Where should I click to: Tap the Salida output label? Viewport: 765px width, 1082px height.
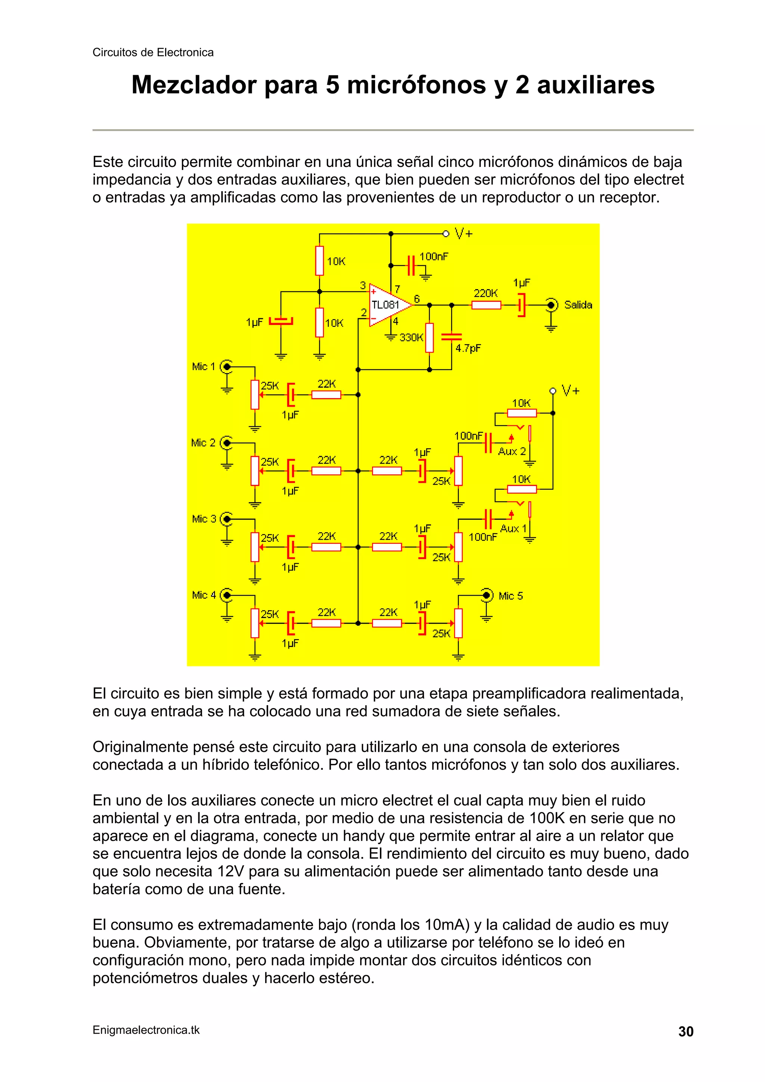point(578,305)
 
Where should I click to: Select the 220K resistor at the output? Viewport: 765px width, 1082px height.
point(486,305)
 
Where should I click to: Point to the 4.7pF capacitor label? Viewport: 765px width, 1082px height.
point(468,348)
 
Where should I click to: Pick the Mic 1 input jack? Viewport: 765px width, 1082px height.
point(227,366)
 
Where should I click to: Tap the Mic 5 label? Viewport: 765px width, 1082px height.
point(511,596)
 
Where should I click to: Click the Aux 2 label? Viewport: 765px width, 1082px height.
point(511,452)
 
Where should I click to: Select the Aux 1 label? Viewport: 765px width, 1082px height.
point(513,528)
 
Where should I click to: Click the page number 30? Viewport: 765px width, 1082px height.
point(686,1032)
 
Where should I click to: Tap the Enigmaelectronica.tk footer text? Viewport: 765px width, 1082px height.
point(146,1030)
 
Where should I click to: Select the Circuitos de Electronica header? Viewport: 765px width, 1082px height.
point(153,52)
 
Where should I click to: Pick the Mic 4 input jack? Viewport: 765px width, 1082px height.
point(227,595)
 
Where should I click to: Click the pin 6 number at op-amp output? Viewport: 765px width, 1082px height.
point(416,299)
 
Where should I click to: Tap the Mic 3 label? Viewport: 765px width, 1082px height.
point(204,519)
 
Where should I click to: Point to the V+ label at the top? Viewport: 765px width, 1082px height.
point(463,233)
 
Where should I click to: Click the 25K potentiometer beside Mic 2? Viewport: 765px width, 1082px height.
point(255,470)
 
